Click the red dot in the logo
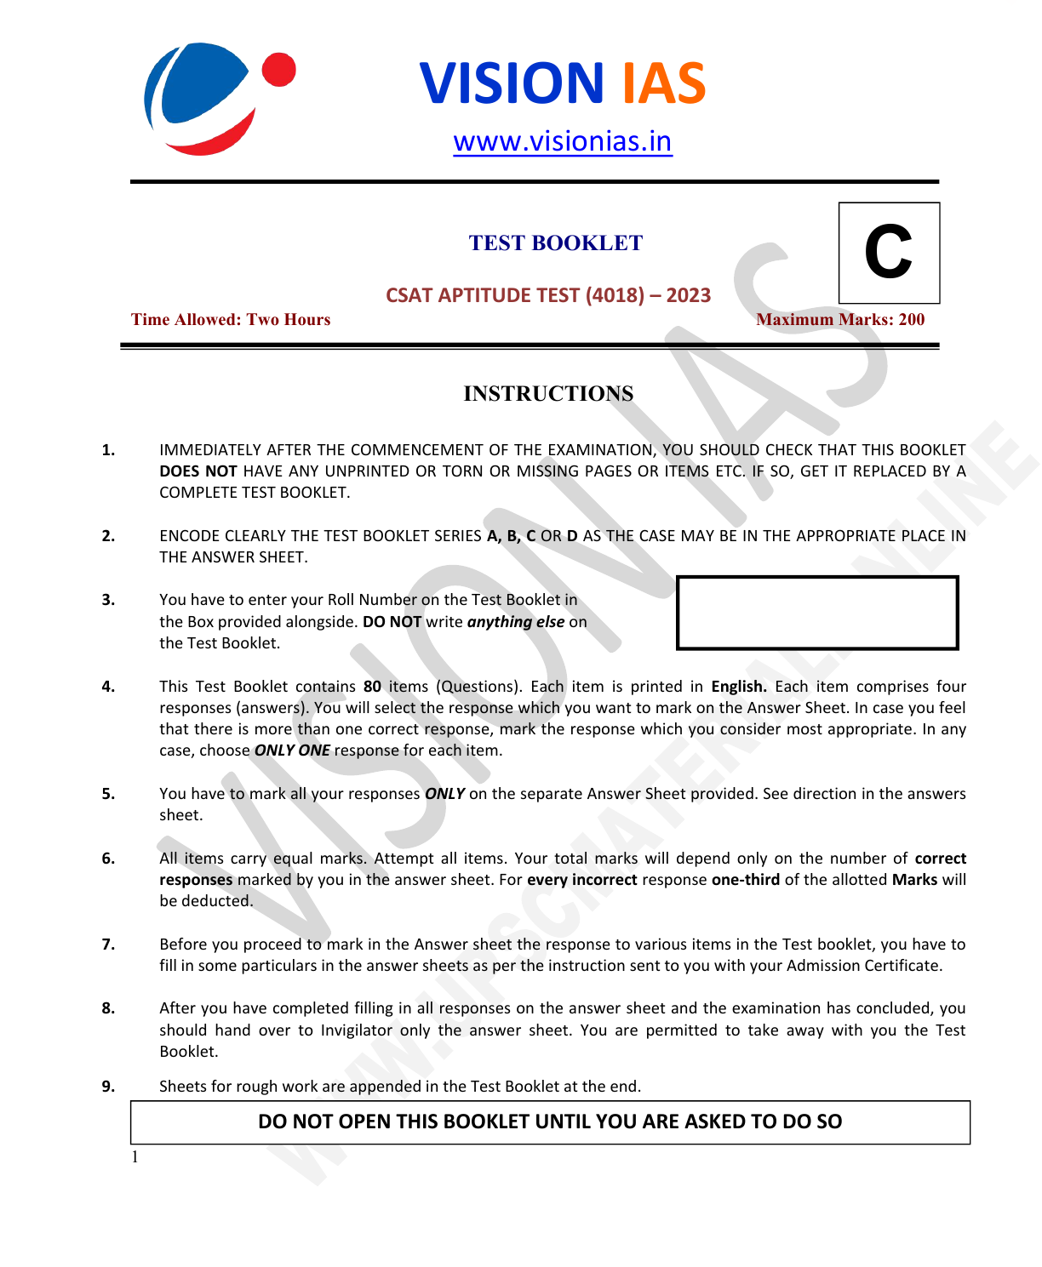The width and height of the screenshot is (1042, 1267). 278,70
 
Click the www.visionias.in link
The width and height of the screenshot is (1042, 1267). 562,141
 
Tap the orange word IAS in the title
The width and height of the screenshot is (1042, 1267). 663,83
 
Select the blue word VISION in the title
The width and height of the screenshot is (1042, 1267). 512,83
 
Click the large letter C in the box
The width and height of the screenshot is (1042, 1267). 888,252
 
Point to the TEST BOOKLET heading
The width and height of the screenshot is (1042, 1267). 555,243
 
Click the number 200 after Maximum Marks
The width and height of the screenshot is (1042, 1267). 911,320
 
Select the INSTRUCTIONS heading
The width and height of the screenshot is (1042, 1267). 548,394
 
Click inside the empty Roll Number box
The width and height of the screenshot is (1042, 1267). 817,613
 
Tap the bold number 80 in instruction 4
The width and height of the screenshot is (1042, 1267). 372,687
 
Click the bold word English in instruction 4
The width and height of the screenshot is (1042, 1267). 738,687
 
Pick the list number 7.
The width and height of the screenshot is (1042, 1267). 108,945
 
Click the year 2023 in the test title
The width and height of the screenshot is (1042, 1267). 688,295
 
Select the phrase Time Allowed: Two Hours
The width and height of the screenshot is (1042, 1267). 231,320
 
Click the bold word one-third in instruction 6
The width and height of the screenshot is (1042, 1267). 745,880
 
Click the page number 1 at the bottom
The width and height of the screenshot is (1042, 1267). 135,1157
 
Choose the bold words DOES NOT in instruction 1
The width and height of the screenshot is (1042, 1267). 198,471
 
